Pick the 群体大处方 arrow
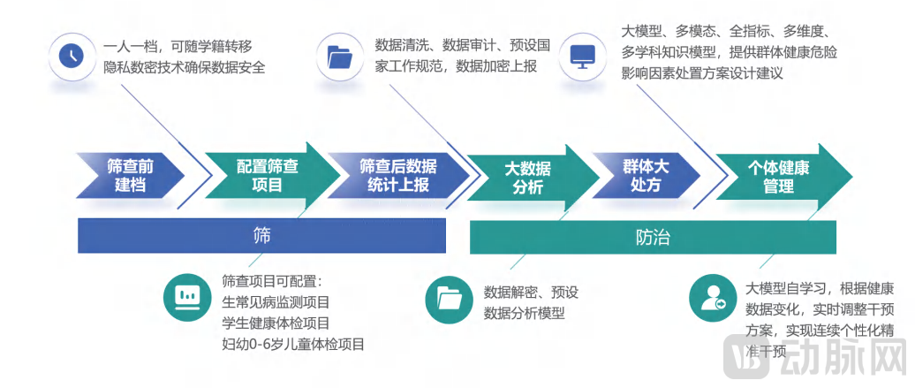(647, 177)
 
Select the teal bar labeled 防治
(653, 237)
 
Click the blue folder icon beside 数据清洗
(339, 57)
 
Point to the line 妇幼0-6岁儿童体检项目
(293, 344)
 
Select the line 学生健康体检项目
(276, 323)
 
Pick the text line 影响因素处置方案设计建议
(702, 74)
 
